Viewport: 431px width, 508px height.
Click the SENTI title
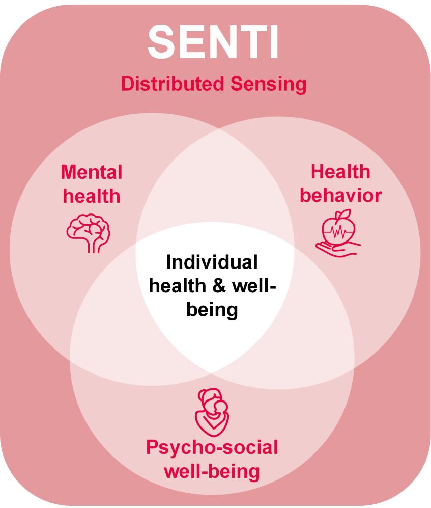214,43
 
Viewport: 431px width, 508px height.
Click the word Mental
92,172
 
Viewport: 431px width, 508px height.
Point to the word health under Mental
92,196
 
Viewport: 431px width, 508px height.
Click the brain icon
88,231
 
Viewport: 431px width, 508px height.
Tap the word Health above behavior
340,172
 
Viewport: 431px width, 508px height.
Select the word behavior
340,196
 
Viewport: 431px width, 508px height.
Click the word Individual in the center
212,263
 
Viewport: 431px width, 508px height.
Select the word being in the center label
212,310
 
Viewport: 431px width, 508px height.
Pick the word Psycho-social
212,448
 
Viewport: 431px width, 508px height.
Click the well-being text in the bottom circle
212,471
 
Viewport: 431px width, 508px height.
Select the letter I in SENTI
273,43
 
